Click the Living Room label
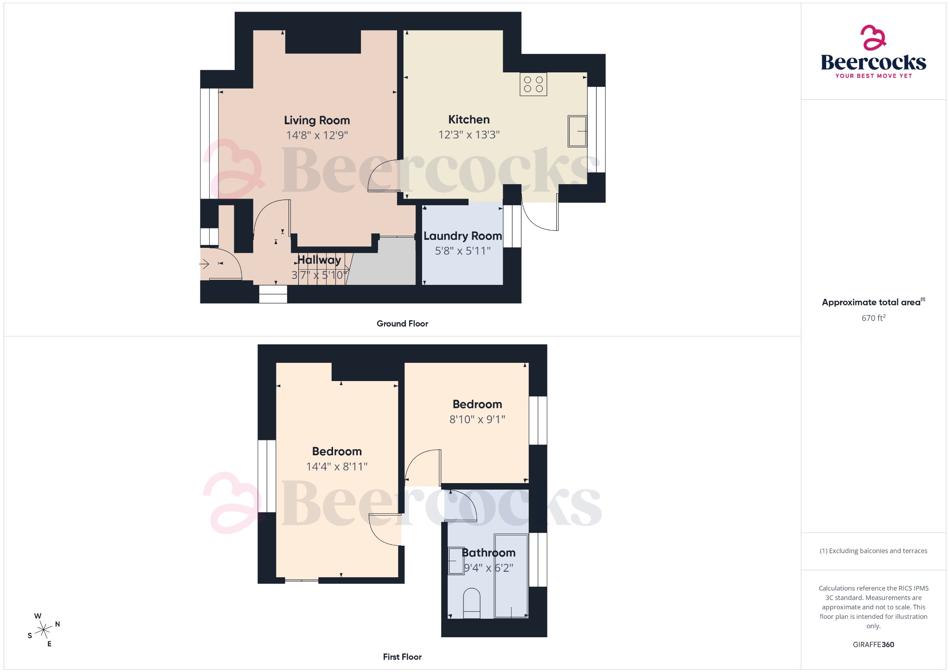click(x=317, y=121)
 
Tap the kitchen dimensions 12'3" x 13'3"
click(x=469, y=135)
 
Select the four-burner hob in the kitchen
click(x=533, y=84)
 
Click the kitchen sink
click(x=577, y=131)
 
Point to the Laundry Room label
click(x=462, y=236)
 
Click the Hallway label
click(x=319, y=260)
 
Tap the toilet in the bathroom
click(x=472, y=604)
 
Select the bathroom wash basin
click(x=456, y=561)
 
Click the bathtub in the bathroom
click(x=511, y=576)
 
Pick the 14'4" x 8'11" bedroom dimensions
click(x=337, y=466)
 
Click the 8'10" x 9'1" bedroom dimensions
click(x=477, y=420)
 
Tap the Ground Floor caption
click(x=402, y=323)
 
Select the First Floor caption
click(x=402, y=657)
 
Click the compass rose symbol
click(x=44, y=630)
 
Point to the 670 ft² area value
click(x=873, y=318)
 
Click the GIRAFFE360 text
click(x=873, y=644)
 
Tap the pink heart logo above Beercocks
click(x=873, y=38)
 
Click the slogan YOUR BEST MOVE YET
click(x=873, y=76)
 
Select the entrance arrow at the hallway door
click(x=204, y=264)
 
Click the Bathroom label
click(x=489, y=553)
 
